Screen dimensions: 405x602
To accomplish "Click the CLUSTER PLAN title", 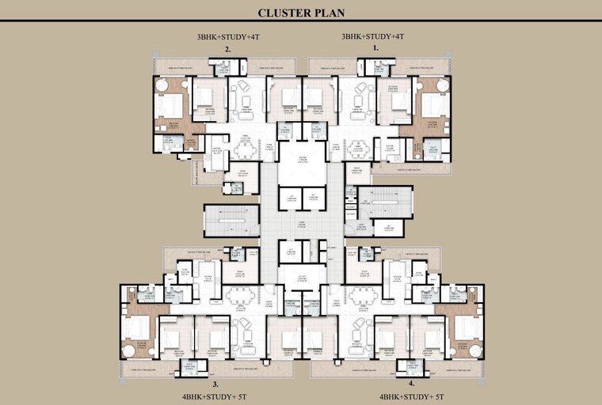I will point(301,13).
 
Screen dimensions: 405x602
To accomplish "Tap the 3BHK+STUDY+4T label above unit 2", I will point(227,37).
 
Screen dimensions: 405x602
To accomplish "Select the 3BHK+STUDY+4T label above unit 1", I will point(373,37).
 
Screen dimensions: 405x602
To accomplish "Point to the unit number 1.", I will point(376,48).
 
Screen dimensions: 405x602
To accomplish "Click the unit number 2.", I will point(228,49).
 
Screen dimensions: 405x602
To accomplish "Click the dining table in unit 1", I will point(360,148).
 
